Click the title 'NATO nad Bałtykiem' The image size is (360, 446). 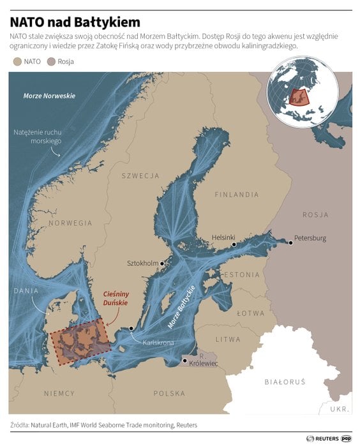point(75,22)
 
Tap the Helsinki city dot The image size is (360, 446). point(234,244)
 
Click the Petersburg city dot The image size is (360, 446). point(289,242)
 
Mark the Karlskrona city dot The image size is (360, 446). point(131,328)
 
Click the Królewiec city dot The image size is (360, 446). point(184,361)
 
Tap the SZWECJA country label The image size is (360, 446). point(140,175)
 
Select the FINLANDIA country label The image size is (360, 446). point(237,194)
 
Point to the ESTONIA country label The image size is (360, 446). point(240,274)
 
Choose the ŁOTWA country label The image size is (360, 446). point(250,313)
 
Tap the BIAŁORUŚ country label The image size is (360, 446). point(285,382)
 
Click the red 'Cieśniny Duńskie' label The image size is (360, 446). point(120,299)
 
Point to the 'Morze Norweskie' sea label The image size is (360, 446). point(49,96)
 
